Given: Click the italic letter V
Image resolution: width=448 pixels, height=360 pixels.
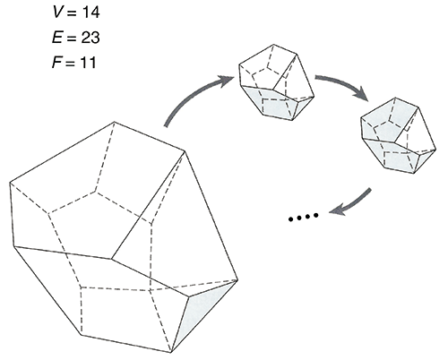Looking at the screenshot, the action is coord(58,13).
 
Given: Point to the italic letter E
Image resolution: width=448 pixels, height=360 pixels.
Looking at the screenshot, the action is coord(57,38).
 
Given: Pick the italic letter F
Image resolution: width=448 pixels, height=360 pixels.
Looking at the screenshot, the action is coord(57,63).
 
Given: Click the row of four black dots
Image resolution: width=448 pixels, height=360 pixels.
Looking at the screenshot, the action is coord(304,217).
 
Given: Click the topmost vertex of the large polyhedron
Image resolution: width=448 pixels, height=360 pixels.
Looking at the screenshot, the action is coord(115,122).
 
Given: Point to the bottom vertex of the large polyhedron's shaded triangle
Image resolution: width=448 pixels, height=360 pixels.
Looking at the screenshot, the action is coord(171,353).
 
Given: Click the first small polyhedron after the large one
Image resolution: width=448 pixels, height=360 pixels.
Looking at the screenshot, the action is coord(276,82).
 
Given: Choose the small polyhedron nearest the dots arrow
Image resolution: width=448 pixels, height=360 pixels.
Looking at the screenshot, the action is coord(399,135).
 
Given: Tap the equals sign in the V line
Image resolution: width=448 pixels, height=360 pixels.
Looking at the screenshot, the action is coord(71,13).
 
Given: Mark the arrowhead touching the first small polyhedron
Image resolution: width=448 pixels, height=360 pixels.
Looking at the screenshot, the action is coord(226,81).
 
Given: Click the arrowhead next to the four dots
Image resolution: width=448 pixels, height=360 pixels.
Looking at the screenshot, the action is coord(338,209).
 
